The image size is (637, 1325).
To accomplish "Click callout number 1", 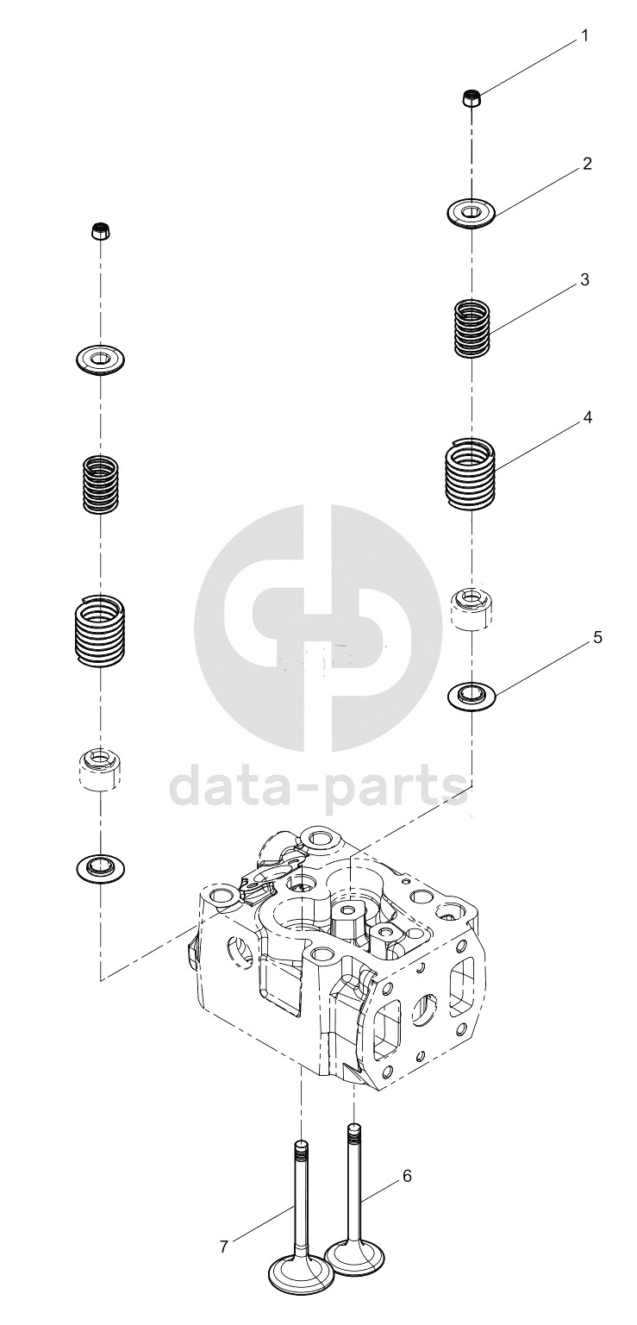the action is pyautogui.click(x=584, y=37).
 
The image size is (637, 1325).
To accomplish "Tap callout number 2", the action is pyautogui.click(x=587, y=164).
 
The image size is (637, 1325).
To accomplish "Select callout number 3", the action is pyautogui.click(x=584, y=280).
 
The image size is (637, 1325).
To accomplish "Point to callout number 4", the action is pyautogui.click(x=587, y=417).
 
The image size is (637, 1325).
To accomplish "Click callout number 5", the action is pyautogui.click(x=597, y=638).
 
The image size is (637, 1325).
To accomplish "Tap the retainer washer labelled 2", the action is pyautogui.click(x=471, y=212).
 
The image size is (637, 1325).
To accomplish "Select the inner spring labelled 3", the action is pyautogui.click(x=472, y=329).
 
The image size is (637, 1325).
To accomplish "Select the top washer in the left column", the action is pyautogui.click(x=101, y=358).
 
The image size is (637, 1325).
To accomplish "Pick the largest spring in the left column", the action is pyautogui.click(x=101, y=628).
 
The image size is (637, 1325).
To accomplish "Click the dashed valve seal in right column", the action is pyautogui.click(x=472, y=609).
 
